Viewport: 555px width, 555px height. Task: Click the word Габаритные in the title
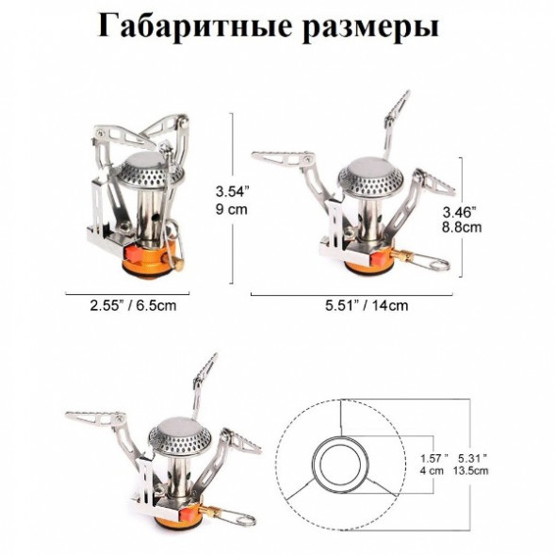pyautogui.click(x=188, y=26)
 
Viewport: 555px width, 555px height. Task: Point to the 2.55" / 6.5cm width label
pyautogui.click(x=133, y=305)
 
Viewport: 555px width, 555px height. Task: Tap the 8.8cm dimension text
pyautogui.click(x=463, y=227)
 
